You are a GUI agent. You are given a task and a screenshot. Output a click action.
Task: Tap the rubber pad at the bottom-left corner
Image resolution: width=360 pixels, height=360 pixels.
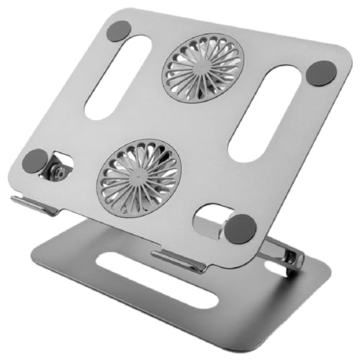33,161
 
